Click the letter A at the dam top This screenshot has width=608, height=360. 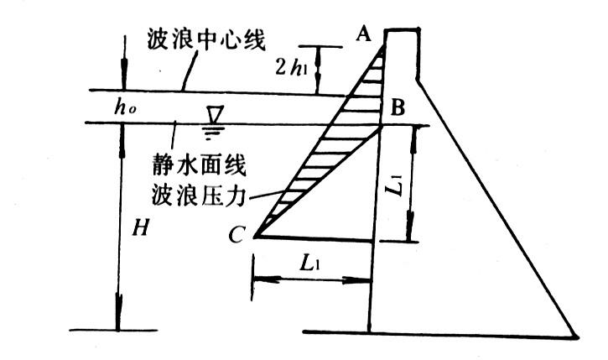(363, 34)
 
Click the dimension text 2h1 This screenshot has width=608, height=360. (289, 67)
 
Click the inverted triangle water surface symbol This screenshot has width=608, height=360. (215, 114)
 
